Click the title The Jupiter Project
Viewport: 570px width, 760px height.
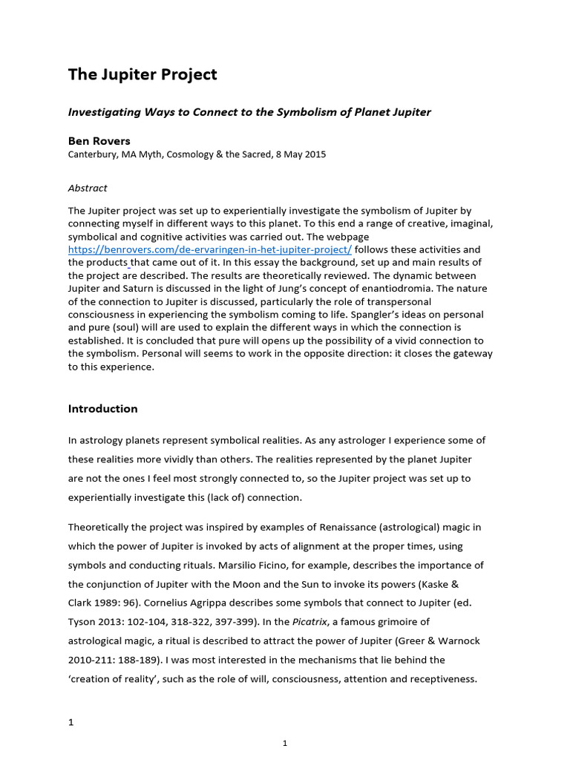tap(142, 75)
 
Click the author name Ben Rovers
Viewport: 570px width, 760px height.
tap(99, 140)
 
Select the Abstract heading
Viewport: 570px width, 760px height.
tap(88, 189)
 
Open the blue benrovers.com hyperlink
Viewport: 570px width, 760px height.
tap(210, 250)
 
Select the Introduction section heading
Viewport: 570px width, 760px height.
tap(102, 409)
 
